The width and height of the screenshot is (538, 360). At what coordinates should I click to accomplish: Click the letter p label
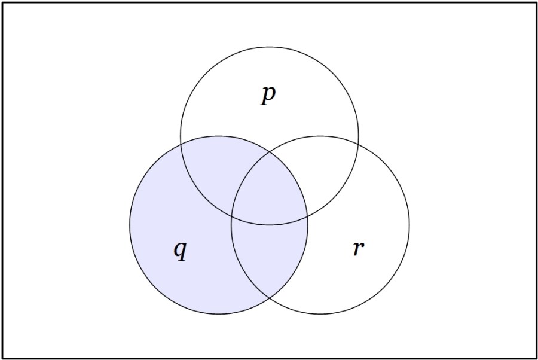[x=268, y=95]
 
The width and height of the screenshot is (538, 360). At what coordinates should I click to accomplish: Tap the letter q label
[x=180, y=251]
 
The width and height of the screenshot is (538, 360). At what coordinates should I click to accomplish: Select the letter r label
[x=359, y=248]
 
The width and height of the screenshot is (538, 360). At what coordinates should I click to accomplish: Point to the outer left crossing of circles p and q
[x=181, y=145]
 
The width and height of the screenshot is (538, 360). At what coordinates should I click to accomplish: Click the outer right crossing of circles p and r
[x=358, y=145]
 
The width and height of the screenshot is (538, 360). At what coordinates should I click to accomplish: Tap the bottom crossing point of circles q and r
[x=270, y=298]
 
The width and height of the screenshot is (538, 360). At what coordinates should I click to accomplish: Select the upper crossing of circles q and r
[x=270, y=152]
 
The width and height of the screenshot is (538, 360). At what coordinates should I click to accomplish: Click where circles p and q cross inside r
[x=307, y=217]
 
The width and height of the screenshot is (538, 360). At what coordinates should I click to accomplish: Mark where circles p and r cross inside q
[x=231, y=217]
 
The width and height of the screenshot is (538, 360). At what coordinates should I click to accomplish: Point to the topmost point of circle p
[x=270, y=47]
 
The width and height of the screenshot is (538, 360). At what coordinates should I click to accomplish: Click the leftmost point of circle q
[x=130, y=225]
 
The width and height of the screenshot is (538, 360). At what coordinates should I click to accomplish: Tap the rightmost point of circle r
[x=409, y=225]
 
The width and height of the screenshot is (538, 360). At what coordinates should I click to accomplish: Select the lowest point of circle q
[x=219, y=314]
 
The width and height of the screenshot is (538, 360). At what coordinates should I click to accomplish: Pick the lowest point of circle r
[x=320, y=314]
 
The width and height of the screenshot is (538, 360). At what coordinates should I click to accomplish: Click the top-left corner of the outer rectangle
[x=3, y=3]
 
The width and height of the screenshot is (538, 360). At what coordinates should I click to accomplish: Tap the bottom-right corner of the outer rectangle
[x=536, y=358]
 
